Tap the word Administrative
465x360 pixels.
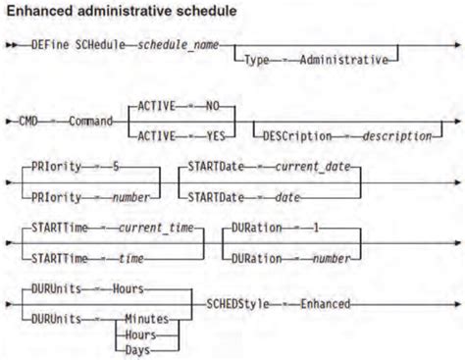pyautogui.click(x=342, y=59)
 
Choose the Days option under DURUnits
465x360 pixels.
pyautogui.click(x=141, y=347)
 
